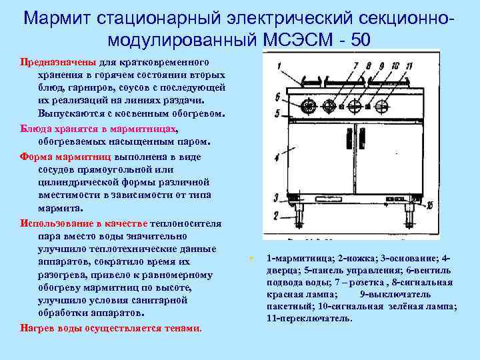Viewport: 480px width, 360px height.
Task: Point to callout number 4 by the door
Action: click(x=277, y=158)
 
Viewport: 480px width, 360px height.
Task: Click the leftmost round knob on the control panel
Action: click(x=309, y=105)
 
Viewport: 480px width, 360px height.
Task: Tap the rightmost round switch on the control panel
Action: click(x=381, y=106)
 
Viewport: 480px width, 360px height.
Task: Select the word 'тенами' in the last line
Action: click(x=181, y=328)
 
